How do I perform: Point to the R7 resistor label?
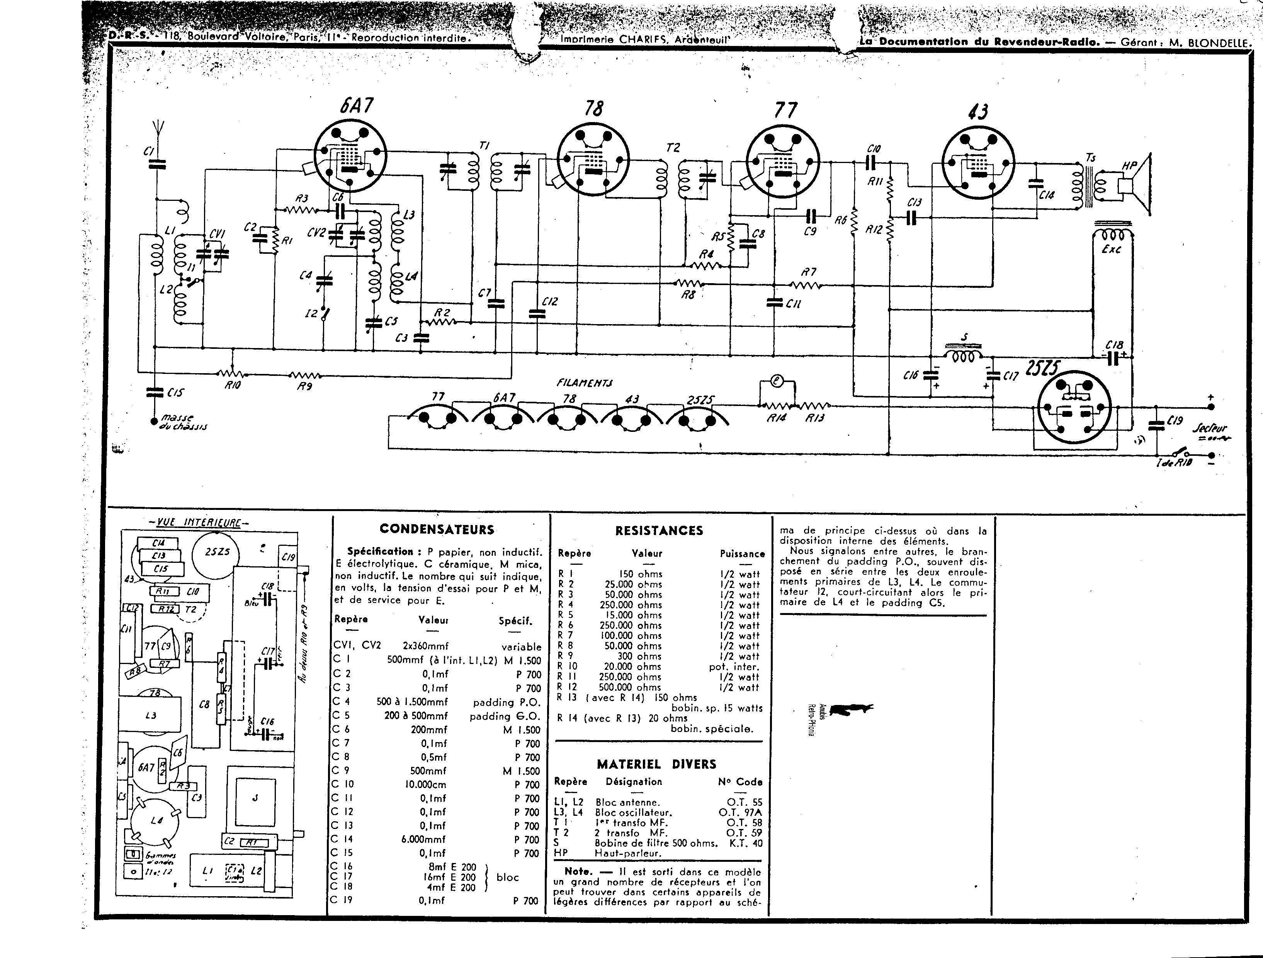pyautogui.click(x=809, y=272)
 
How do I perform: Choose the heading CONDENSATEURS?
pyautogui.click(x=437, y=529)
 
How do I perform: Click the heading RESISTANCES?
pyautogui.click(x=659, y=530)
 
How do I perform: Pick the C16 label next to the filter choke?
pyautogui.click(x=910, y=375)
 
